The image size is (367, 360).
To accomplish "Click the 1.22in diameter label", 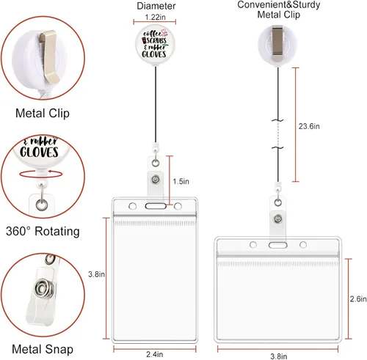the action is pos(155,17).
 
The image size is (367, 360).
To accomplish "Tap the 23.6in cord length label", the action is pos(309,126).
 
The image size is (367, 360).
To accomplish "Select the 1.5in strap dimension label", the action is pos(181,181).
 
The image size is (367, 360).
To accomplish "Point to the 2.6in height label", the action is pos(358,298).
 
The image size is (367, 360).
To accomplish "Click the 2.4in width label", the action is pos(155,354).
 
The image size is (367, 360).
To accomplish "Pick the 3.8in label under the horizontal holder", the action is pos(279,356).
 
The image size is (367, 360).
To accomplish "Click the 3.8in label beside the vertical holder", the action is pos(97,274).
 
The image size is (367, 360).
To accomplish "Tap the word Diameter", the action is pos(156,6).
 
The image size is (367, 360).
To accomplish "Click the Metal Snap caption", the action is pos(43,349).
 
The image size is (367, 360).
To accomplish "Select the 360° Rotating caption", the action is pos(43,231).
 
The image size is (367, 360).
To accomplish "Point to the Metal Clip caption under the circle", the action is pos(43,114).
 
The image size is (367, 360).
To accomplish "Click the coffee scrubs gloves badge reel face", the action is pos(155,45).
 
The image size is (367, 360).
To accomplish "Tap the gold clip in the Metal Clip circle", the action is pos(49,56).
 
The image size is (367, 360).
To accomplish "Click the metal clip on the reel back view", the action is pos(277,43).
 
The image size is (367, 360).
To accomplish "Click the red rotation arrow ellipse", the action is pos(41,174).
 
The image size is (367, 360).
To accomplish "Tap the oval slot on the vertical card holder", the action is pos(156,206).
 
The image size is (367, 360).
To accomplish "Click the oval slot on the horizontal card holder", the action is pos(278,245).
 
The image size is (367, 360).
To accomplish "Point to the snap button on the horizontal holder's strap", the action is pos(278,219).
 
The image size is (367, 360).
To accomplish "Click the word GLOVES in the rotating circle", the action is pos(39,152).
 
